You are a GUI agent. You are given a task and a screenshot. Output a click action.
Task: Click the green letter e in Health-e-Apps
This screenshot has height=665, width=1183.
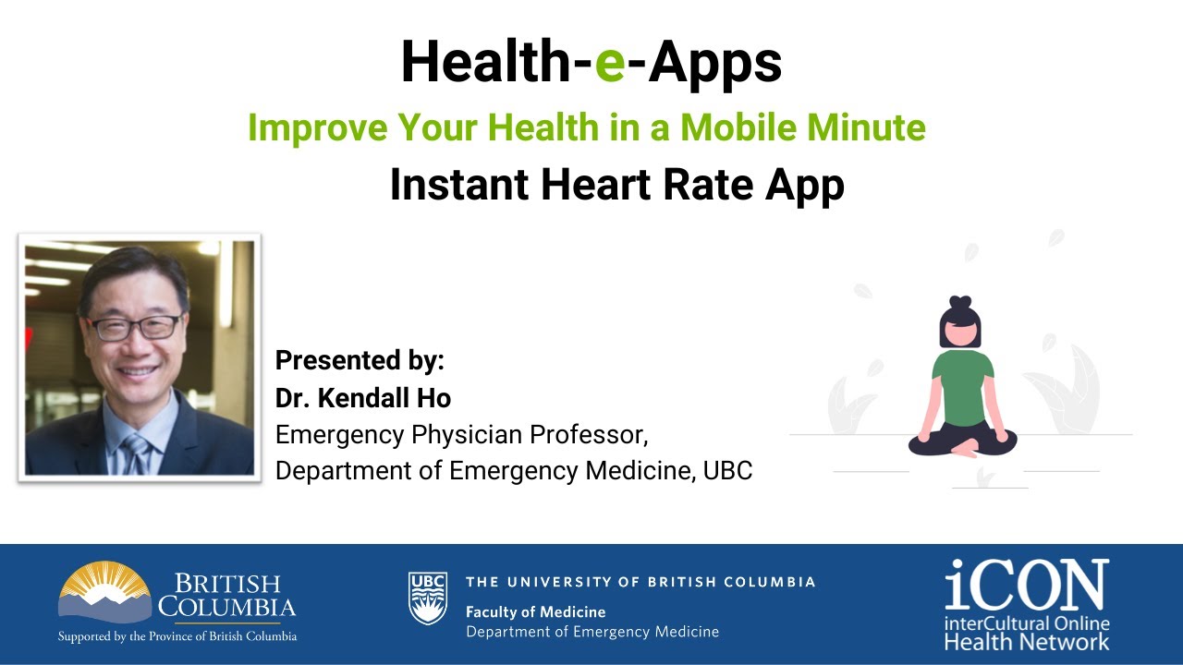click(x=610, y=63)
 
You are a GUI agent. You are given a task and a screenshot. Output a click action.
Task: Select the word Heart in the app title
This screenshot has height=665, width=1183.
click(x=586, y=185)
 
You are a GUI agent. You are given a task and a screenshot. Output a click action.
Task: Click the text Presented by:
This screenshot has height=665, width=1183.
click(x=360, y=359)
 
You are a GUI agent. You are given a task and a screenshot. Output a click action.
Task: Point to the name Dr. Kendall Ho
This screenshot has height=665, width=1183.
click(x=363, y=397)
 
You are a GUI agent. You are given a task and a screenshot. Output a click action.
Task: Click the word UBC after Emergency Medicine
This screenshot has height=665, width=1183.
click(x=728, y=470)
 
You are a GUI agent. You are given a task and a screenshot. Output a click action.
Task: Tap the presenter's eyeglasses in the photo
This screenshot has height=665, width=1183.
click(x=135, y=327)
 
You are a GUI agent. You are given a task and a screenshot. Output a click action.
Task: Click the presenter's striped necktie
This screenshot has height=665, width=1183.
click(x=136, y=453)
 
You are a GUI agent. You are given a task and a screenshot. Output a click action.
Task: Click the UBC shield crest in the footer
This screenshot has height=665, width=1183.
click(x=428, y=598)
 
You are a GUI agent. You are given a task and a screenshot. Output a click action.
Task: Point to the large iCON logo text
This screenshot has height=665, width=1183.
click(x=1026, y=583)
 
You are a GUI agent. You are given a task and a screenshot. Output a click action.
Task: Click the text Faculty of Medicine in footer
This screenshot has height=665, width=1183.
click(x=536, y=611)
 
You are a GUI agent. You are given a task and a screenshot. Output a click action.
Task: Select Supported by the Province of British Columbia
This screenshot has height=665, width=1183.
click(x=177, y=636)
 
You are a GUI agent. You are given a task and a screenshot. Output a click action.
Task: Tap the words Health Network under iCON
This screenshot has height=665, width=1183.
click(x=1026, y=641)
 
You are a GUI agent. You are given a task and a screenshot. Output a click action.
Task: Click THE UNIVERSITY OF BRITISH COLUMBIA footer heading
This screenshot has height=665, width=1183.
click(x=640, y=582)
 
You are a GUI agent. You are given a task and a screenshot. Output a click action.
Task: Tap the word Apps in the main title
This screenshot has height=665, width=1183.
click(x=714, y=63)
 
